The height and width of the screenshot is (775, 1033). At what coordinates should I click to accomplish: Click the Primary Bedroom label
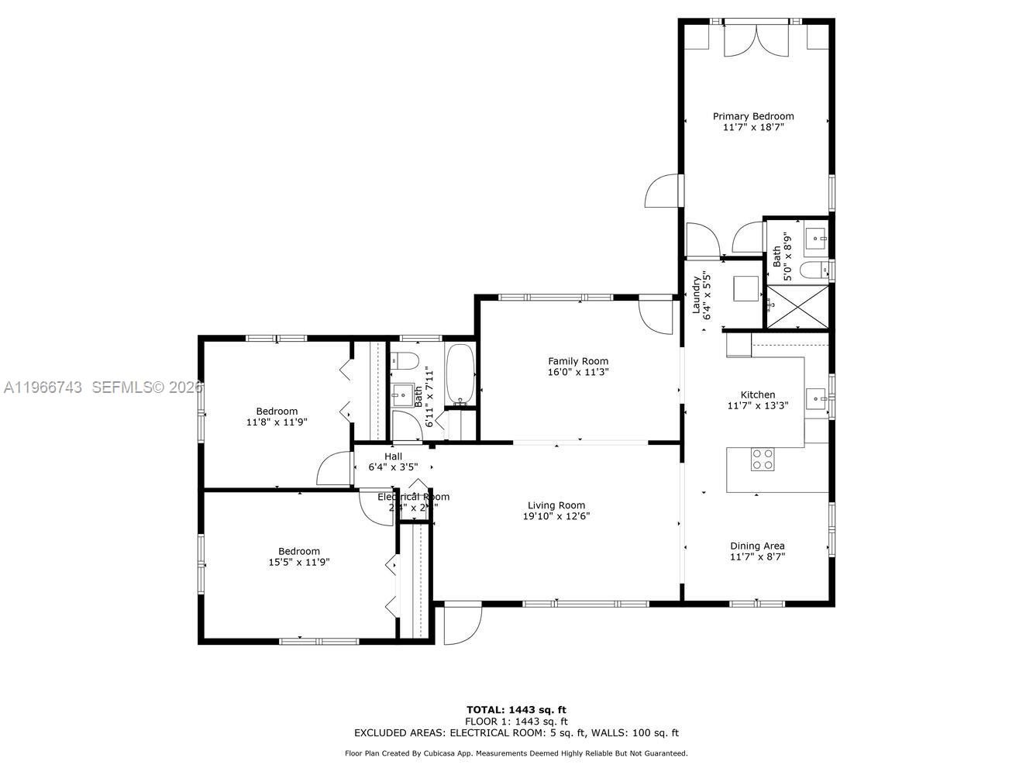pyautogui.click(x=753, y=116)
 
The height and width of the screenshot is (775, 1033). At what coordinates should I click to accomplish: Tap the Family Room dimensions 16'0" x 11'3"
pyautogui.click(x=578, y=372)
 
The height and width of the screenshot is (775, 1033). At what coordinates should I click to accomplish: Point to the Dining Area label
pyautogui.click(x=757, y=546)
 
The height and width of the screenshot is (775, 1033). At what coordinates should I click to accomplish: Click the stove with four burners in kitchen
pyautogui.click(x=763, y=460)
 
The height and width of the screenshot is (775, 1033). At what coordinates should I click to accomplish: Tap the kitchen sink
pyautogui.click(x=816, y=398)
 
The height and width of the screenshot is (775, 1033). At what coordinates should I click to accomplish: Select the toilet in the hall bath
pyautogui.click(x=404, y=360)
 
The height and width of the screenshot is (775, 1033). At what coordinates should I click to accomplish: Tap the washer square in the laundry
pyautogui.click(x=749, y=288)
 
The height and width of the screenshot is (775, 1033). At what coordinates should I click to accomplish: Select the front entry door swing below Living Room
pyautogui.click(x=463, y=625)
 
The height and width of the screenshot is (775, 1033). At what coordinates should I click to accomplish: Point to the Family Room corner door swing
pyautogui.click(x=656, y=316)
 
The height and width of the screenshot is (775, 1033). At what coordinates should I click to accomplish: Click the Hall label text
pyautogui.click(x=393, y=456)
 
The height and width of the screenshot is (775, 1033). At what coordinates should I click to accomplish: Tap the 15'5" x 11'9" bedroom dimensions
pyautogui.click(x=299, y=563)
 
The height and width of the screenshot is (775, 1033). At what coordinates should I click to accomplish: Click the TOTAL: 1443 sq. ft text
pyautogui.click(x=516, y=709)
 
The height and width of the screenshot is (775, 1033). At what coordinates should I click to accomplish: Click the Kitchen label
pyautogui.click(x=757, y=394)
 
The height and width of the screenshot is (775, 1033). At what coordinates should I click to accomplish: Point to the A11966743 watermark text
pyautogui.click(x=43, y=387)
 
